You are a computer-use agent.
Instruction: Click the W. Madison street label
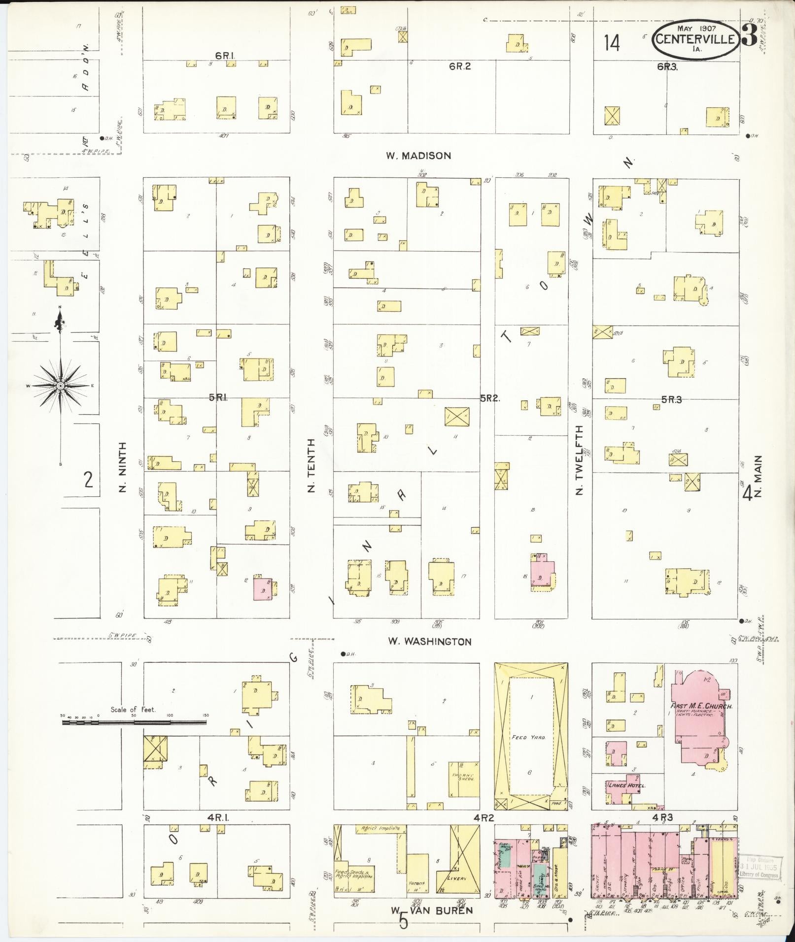(418, 156)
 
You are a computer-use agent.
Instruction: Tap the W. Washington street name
(429, 642)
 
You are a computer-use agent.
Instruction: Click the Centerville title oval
(696, 39)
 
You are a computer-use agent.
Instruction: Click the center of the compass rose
(60, 386)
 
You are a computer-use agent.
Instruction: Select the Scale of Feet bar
(134, 722)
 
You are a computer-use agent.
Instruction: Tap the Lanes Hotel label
(626, 785)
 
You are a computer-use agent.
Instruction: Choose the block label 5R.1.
(218, 397)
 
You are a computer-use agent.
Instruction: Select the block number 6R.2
(459, 66)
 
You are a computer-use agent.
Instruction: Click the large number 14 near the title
(612, 43)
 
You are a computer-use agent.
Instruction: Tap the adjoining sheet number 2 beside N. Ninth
(88, 479)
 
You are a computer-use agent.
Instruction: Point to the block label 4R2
(484, 817)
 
